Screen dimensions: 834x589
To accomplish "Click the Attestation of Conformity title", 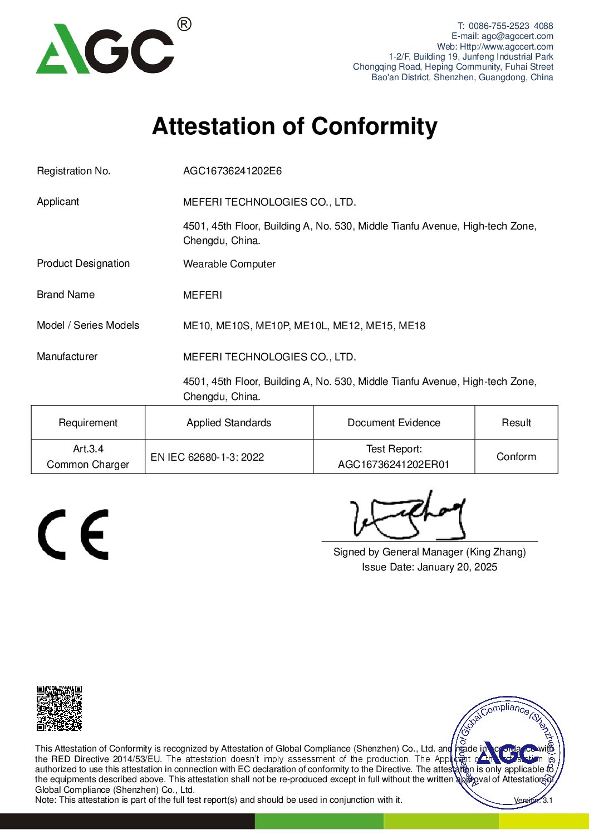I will point(294,126).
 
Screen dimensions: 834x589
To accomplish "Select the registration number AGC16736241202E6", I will point(232,171).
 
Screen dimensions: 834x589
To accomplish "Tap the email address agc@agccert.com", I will point(517,36).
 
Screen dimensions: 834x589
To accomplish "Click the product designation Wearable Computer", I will point(229,264).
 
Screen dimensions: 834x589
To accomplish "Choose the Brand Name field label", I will point(66,295).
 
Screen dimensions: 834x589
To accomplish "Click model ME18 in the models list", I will point(412,326).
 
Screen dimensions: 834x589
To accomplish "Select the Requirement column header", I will point(88,423).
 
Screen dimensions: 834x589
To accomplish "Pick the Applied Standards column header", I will point(229,423).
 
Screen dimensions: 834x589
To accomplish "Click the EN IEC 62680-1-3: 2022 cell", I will point(207,457).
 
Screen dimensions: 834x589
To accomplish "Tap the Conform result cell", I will point(516,457).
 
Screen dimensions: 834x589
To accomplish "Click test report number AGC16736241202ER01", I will point(394,465).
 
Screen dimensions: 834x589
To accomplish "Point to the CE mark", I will point(73,534).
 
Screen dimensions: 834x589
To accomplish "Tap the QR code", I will point(59,708).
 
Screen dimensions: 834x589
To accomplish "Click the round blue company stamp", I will point(507,753).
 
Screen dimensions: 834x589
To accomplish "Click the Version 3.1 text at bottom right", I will point(533,801).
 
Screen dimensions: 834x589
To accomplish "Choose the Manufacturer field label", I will point(67,357).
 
